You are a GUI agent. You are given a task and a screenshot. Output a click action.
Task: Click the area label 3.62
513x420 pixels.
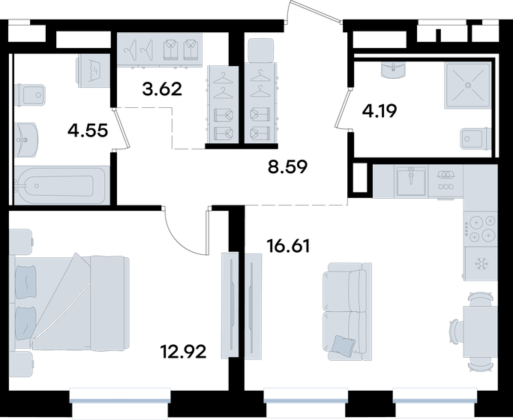tap(162, 89)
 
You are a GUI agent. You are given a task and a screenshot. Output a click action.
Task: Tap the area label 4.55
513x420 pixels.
tap(88, 130)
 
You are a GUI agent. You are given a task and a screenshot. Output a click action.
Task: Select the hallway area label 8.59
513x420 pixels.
tap(287, 167)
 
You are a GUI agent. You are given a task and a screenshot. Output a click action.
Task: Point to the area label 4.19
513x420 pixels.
tap(379, 110)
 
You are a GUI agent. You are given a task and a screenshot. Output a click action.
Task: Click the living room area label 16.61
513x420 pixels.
tap(288, 246)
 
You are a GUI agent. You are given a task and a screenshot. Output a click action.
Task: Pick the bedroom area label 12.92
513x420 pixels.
tap(183, 352)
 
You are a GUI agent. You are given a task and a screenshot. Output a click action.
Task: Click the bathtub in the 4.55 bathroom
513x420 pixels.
tap(61, 185)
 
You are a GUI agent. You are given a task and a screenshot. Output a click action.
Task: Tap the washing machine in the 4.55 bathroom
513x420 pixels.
tap(93, 70)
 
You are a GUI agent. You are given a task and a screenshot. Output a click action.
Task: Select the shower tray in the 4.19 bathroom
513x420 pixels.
tap(468, 85)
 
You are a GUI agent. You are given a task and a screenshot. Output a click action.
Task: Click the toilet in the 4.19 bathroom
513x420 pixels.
tap(475, 139)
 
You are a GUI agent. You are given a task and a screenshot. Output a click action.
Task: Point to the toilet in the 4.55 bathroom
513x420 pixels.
tap(30, 94)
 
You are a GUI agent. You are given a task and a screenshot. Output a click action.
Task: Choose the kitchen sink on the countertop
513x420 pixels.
tap(411, 181)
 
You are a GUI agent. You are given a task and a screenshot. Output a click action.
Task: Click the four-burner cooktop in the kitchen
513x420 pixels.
tap(480, 228)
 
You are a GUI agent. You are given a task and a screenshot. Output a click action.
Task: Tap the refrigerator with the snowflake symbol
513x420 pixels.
tap(480, 263)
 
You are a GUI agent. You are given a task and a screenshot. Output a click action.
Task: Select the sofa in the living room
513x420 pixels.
tap(346, 311)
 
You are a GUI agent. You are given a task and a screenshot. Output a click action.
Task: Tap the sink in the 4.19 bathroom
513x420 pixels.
tap(394, 70)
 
